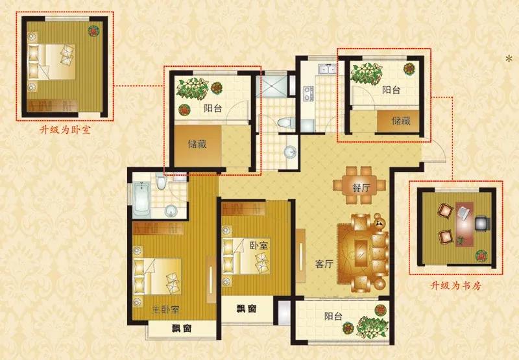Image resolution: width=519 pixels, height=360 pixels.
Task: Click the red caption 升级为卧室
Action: click(x=65, y=130)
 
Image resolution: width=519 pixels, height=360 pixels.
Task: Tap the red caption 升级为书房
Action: click(x=456, y=285)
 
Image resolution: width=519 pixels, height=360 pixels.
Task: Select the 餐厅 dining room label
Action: click(x=361, y=188)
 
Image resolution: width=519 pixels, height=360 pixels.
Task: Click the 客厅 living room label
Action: click(x=324, y=264)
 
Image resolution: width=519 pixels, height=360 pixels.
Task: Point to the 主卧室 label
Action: click(x=166, y=309)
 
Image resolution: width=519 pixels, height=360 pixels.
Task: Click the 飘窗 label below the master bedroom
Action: click(x=182, y=329)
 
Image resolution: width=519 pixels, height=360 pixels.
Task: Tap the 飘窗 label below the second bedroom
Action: click(x=247, y=309)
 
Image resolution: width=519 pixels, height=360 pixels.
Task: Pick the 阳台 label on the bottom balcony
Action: click(x=333, y=317)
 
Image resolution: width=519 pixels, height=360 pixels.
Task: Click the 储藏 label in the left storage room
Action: click(x=197, y=144)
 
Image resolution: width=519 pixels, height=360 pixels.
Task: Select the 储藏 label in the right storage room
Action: click(x=401, y=121)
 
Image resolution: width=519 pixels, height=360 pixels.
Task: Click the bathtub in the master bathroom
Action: click(x=141, y=200)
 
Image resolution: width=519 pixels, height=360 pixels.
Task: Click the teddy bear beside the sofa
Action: click(x=378, y=221)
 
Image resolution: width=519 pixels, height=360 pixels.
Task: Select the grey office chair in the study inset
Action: click(x=483, y=223)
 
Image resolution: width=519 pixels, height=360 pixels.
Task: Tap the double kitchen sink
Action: click(x=327, y=69)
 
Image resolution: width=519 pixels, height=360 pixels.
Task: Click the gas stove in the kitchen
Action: click(x=308, y=93)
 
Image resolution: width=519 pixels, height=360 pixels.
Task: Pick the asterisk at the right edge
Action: click(x=509, y=59)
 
